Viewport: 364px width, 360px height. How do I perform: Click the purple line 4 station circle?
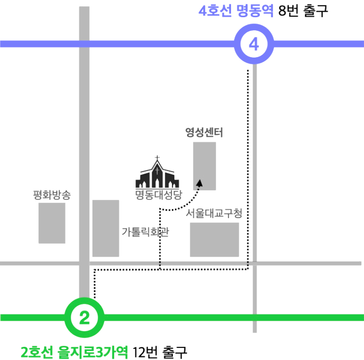[254, 44]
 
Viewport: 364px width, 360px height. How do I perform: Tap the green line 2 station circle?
[84, 318]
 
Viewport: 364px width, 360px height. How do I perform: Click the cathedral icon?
[157, 175]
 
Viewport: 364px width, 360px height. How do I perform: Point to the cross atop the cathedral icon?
[157, 159]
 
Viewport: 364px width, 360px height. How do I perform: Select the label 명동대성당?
[158, 195]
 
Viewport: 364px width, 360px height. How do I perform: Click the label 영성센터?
[204, 133]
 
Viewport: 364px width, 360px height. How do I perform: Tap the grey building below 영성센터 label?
[204, 166]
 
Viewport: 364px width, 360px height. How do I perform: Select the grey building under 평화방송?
[52, 223]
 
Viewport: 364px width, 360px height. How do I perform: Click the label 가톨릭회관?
[145, 232]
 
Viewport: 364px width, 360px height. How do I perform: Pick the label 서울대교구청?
[214, 213]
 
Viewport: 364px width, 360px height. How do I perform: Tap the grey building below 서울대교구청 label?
[214, 239]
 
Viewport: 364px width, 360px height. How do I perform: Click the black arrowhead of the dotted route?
[199, 183]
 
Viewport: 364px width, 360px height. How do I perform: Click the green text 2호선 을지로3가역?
[74, 351]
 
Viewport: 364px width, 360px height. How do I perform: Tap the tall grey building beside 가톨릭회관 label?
[106, 228]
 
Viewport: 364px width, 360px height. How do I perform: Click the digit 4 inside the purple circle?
[254, 44]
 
